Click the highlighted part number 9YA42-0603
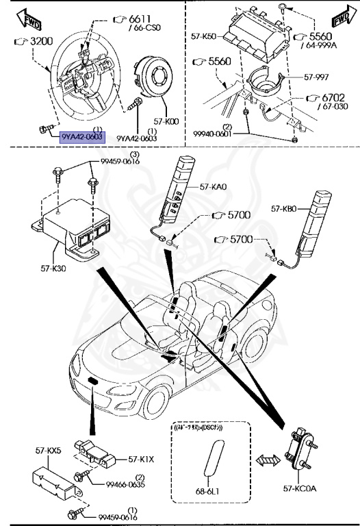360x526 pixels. (82, 137)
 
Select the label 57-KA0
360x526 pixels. (214, 186)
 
